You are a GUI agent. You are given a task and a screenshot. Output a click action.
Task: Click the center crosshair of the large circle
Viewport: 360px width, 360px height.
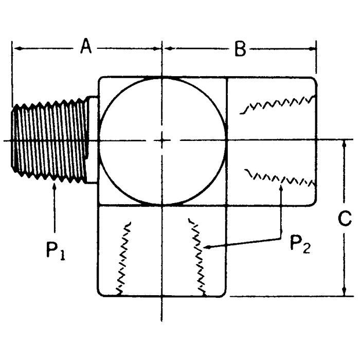[x=162, y=139]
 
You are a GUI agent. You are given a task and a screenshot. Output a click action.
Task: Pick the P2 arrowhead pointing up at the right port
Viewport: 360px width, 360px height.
[x=281, y=188]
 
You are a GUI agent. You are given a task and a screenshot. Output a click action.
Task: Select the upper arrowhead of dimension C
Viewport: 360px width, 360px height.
[x=344, y=143]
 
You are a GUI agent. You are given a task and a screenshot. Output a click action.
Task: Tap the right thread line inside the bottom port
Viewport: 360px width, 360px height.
[x=198, y=257]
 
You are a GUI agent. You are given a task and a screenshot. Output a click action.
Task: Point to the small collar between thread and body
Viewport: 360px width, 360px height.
[x=92, y=139]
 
